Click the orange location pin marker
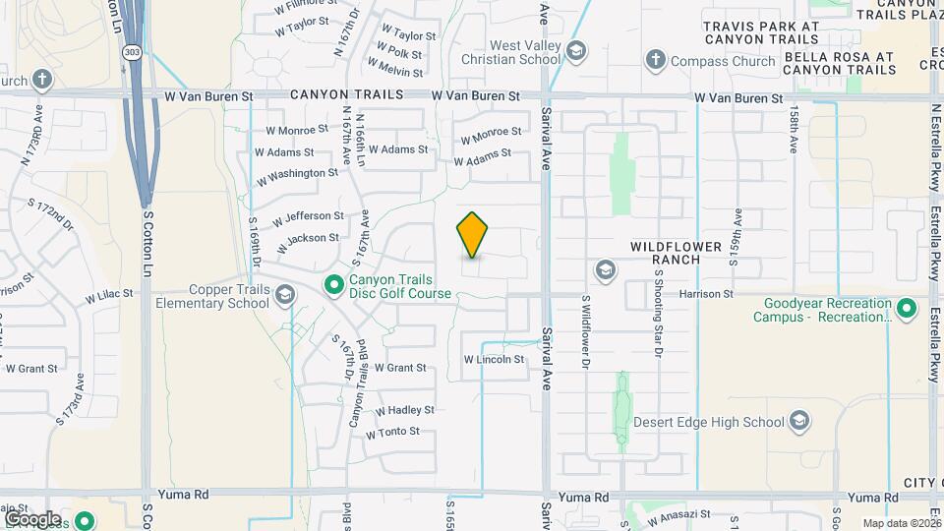pos(473,234)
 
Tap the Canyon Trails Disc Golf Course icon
pos(334,285)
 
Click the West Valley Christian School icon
pos(575,51)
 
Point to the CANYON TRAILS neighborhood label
pos(347,95)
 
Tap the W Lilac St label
pos(108,295)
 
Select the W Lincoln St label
pos(494,360)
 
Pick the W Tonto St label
pos(392,433)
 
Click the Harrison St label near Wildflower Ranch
pos(706,294)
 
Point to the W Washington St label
pos(297,174)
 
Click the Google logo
pos(32,518)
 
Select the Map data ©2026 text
pos(901,524)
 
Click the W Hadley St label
pos(404,410)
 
